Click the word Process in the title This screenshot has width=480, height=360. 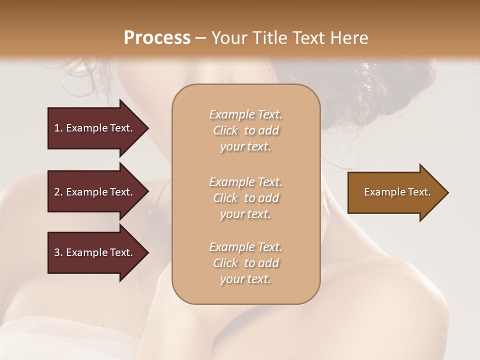click(x=157, y=38)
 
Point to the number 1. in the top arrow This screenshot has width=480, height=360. click(x=58, y=128)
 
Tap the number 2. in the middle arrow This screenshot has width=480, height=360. click(x=58, y=192)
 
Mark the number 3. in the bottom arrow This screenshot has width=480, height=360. click(x=58, y=252)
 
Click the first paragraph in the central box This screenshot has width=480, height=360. click(x=245, y=130)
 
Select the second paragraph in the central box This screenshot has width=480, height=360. click(x=245, y=198)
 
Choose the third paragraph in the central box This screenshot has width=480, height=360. click(x=245, y=263)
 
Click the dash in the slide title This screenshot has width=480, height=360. click(x=201, y=38)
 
